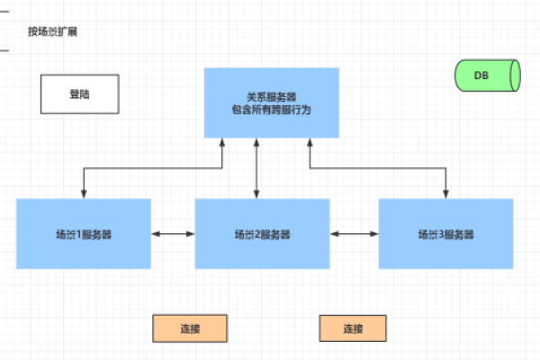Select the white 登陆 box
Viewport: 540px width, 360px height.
(x=80, y=94)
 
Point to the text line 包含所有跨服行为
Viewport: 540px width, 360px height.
(x=271, y=109)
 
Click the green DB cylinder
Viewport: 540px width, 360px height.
(x=488, y=76)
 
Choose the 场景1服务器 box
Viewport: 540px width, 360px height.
(x=84, y=234)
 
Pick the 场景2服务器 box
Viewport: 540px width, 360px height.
(x=263, y=234)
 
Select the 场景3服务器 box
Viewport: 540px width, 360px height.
(x=445, y=234)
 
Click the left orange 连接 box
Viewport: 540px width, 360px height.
(x=189, y=328)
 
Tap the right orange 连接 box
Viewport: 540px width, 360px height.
(x=352, y=328)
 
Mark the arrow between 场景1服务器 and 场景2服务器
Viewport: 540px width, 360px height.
(x=173, y=234)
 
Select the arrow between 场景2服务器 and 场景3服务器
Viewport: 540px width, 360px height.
(x=355, y=234)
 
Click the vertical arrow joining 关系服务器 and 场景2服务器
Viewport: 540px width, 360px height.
(x=257, y=169)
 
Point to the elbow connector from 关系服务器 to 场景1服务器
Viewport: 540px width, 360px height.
(x=153, y=167)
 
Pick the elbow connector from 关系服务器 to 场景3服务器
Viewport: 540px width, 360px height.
(x=378, y=167)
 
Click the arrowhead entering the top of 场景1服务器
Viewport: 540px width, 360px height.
(x=84, y=194)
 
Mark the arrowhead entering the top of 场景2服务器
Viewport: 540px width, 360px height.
(x=257, y=194)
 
